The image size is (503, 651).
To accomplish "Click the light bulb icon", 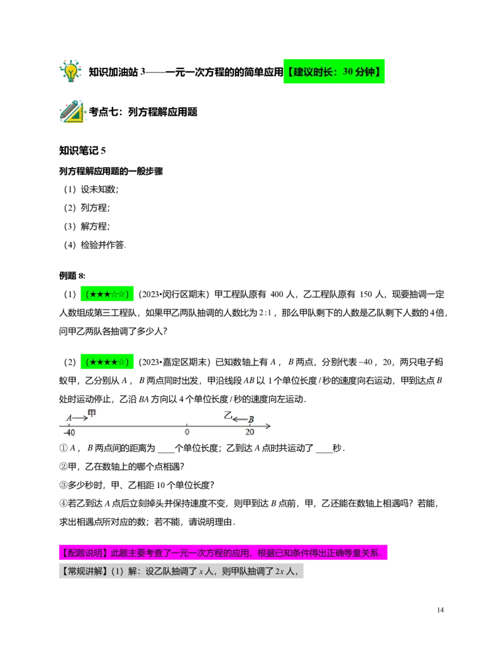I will (70, 70).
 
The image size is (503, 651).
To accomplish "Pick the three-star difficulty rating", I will (106, 293).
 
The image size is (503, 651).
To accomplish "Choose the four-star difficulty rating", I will (106, 362).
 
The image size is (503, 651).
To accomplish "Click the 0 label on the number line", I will (187, 433).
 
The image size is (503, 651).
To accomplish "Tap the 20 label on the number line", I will (250, 433).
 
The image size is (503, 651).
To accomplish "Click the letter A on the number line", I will (69, 418).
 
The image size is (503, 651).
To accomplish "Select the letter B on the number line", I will (251, 420).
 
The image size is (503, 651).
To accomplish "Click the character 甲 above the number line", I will (92, 413).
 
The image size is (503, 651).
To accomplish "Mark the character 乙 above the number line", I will (228, 415).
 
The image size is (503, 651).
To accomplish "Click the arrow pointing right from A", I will (80, 418).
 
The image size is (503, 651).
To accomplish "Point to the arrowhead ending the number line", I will (268, 426).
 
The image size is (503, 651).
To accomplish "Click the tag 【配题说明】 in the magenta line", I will (83, 554).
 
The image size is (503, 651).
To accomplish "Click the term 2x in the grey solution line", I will (279, 571).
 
